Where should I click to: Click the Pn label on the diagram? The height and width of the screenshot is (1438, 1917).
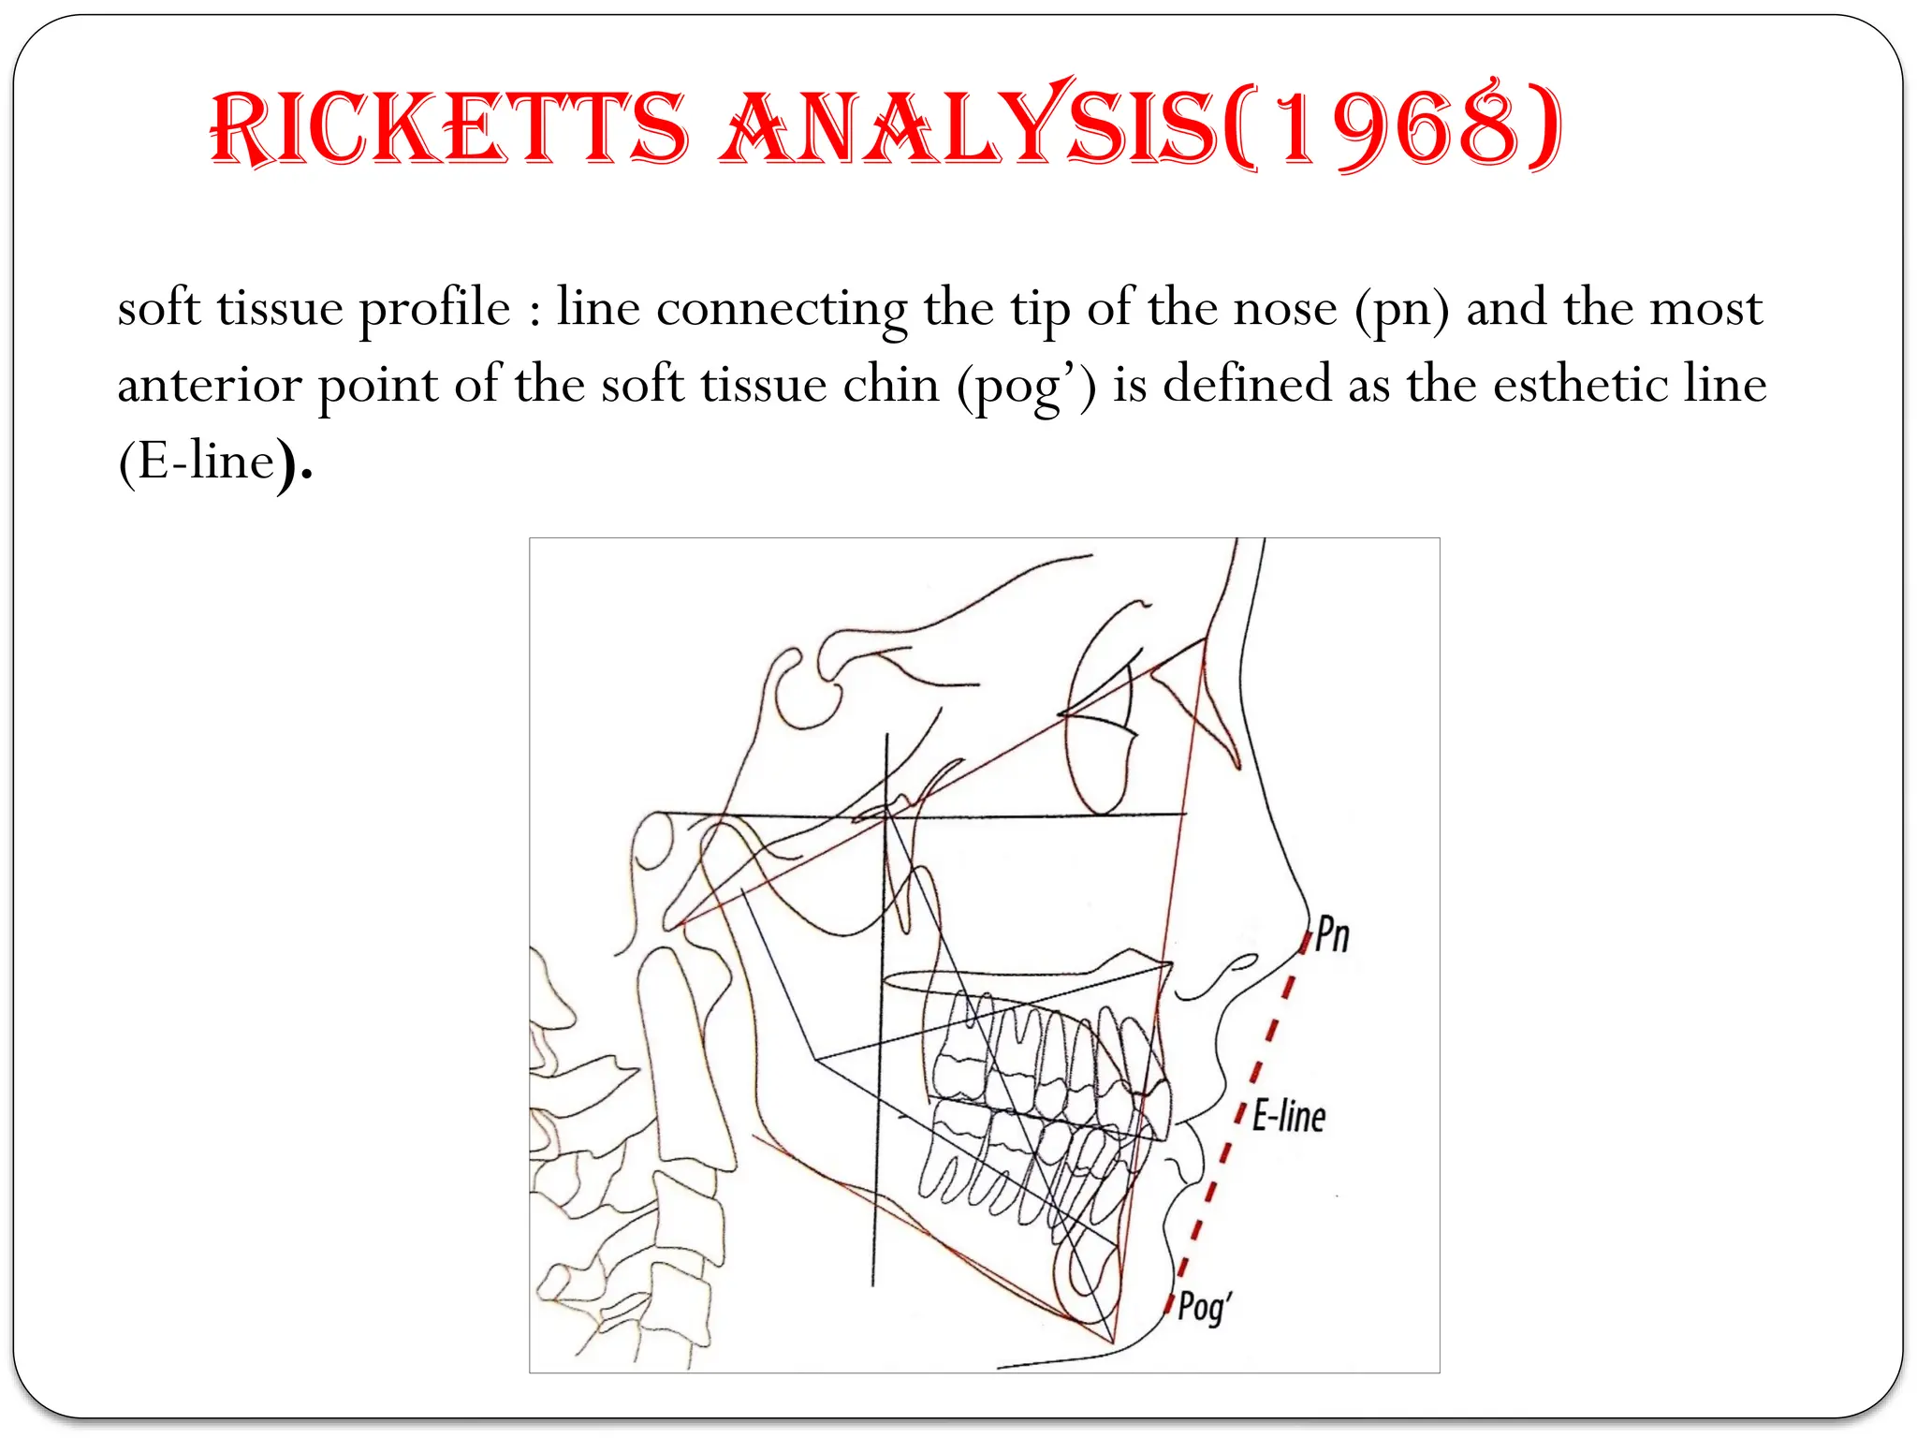click(x=1331, y=934)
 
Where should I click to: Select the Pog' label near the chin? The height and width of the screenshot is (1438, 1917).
click(x=1204, y=1306)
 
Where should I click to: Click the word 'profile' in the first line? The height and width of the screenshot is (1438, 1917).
click(x=435, y=310)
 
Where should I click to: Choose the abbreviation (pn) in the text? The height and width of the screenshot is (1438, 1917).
click(x=1401, y=310)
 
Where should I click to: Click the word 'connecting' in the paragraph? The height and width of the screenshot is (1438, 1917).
click(x=782, y=310)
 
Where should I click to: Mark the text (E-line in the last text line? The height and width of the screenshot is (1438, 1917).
click(x=198, y=461)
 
